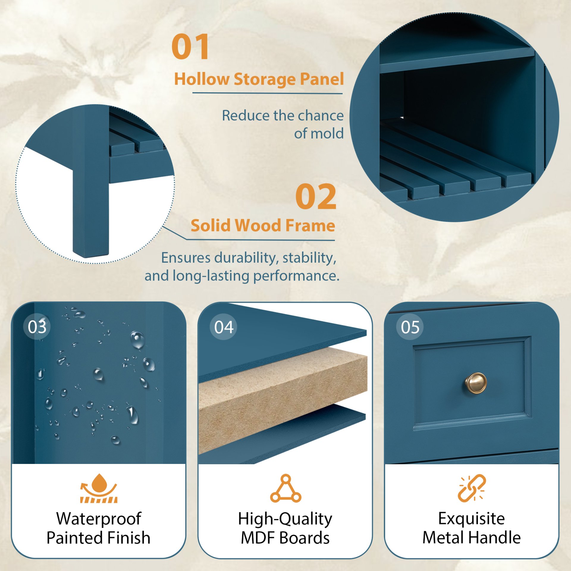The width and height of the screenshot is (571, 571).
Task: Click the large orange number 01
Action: click(190, 47)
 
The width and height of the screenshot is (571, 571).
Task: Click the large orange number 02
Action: click(316, 197)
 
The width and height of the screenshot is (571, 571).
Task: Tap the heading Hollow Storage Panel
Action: click(259, 79)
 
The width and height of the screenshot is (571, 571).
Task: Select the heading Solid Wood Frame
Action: click(263, 225)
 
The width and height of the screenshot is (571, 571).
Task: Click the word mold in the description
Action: click(329, 134)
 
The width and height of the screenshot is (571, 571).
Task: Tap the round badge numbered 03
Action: click(37, 327)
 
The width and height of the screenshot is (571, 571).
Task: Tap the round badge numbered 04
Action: click(223, 327)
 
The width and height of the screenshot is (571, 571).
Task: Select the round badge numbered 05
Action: click(410, 327)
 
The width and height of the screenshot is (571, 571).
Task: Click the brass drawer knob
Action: click(476, 383)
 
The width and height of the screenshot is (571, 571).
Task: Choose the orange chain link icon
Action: click(472, 488)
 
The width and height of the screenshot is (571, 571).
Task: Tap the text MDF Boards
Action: click(285, 538)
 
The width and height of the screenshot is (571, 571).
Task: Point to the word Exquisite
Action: click(471, 519)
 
